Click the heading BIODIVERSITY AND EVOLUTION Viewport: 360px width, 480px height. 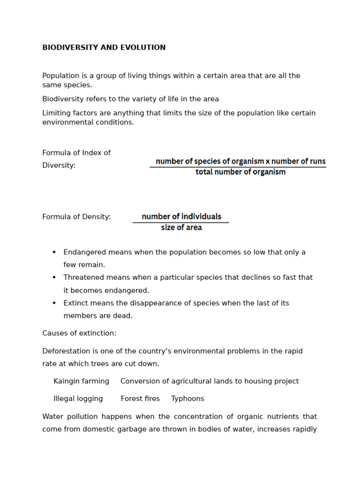click(104, 48)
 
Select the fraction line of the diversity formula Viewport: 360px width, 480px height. click(238, 167)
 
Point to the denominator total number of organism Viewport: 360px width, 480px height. click(240, 172)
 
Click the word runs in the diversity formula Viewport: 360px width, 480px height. click(317, 161)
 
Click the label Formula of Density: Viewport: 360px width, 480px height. click(76, 217)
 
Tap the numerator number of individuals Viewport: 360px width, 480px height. click(181, 217)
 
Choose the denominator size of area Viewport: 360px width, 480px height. click(181, 228)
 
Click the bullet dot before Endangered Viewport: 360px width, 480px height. click(54, 252)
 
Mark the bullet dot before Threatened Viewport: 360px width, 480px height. click(54, 277)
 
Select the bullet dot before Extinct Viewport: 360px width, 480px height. click(54, 303)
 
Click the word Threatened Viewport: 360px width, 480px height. click(84, 277)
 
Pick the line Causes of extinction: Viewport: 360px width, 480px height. click(79, 333)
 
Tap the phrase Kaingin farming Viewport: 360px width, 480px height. click(81, 382)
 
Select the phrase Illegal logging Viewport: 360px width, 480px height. click(78, 399)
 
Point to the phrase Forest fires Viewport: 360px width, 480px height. click(140, 399)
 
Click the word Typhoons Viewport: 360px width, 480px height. click(187, 399)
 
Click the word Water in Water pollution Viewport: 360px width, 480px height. click(52, 417)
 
